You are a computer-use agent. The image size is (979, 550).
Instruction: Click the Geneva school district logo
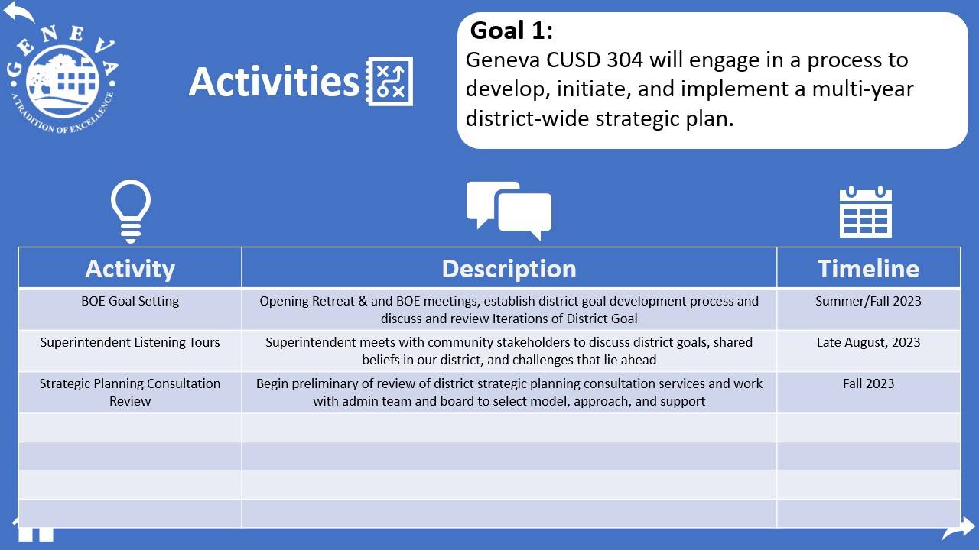(x=63, y=79)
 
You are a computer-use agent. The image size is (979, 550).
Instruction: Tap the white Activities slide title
(x=274, y=82)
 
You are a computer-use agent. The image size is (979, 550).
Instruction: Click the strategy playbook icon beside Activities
(x=389, y=81)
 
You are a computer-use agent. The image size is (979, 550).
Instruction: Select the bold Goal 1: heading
(x=512, y=31)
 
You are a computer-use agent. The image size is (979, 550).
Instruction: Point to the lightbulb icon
(x=131, y=212)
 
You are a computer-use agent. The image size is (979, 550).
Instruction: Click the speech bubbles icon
(x=509, y=210)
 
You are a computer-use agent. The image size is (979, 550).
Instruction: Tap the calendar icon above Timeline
(x=865, y=212)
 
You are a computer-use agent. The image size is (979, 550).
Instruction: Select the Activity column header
(x=130, y=268)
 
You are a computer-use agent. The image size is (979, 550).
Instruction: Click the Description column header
(x=509, y=268)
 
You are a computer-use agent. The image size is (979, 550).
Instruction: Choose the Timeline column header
(x=868, y=268)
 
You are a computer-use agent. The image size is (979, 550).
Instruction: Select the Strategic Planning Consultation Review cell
(x=130, y=392)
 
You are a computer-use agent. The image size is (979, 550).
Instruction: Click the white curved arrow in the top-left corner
(x=18, y=11)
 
